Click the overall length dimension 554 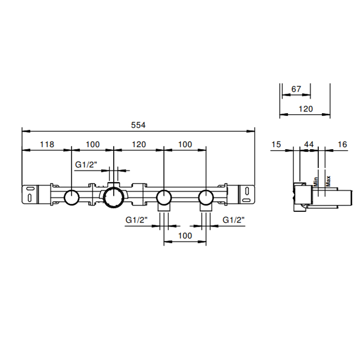(138, 125)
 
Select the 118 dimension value (47, 145)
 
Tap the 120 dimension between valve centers (139, 145)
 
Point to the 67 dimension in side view (296, 89)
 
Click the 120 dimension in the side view (305, 109)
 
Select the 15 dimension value (276, 145)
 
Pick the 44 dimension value (309, 145)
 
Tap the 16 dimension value (343, 145)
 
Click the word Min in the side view (316, 182)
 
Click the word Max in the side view (328, 181)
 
